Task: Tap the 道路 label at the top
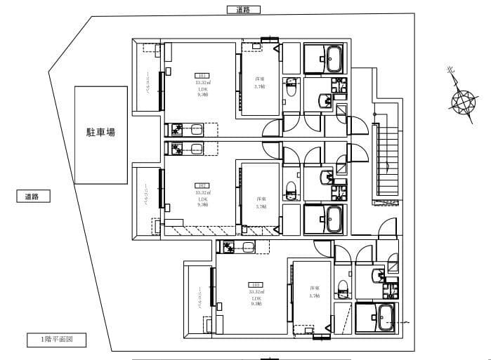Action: click(244, 10)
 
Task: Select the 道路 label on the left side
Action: click(33, 197)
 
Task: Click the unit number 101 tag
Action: click(202, 75)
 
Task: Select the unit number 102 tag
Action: click(202, 186)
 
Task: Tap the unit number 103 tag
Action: click(256, 285)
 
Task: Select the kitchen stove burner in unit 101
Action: click(176, 129)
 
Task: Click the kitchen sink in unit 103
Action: click(246, 246)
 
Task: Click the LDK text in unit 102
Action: click(202, 199)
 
